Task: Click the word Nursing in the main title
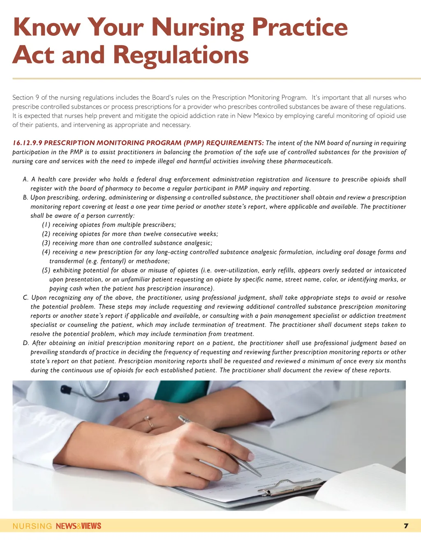coord(198,28)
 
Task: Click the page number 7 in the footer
coord(406,526)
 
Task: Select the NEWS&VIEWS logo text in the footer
coord(78,526)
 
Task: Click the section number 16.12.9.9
coord(27,143)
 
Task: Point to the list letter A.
coord(25,180)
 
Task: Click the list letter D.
coord(26,343)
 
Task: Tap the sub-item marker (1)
coord(46,225)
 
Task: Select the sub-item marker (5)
coord(46,270)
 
